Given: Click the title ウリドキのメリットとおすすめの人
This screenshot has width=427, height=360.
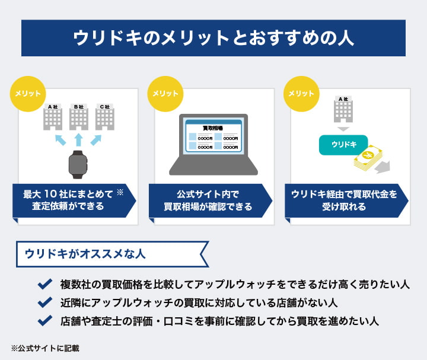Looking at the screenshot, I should click(213, 38).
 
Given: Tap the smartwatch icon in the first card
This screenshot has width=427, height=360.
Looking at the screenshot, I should click(78, 164).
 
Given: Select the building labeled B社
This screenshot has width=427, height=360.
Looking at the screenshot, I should click(78, 117).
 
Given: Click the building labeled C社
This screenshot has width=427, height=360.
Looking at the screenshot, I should click(105, 117).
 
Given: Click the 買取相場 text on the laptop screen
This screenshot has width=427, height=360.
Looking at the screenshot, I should click(213, 128).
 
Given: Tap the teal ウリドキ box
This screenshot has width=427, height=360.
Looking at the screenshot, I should click(343, 144).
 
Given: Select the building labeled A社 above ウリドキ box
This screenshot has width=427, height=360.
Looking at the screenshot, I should click(343, 111).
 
